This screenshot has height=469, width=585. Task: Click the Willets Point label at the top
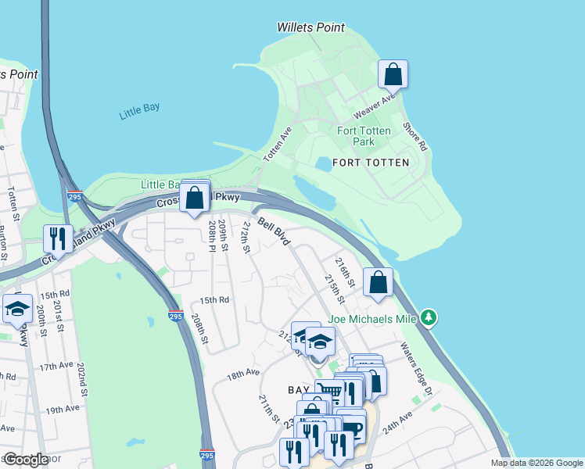point(310,27)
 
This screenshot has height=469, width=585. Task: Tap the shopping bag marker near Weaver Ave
point(393,75)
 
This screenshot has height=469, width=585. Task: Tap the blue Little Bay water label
point(139,112)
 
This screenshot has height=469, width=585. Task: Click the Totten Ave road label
point(277,145)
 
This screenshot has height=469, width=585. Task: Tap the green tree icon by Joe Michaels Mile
point(427,317)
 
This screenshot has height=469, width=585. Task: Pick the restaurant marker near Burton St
point(58,238)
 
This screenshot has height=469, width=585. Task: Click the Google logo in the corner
point(26,460)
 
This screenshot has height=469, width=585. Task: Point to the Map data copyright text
point(537,463)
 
